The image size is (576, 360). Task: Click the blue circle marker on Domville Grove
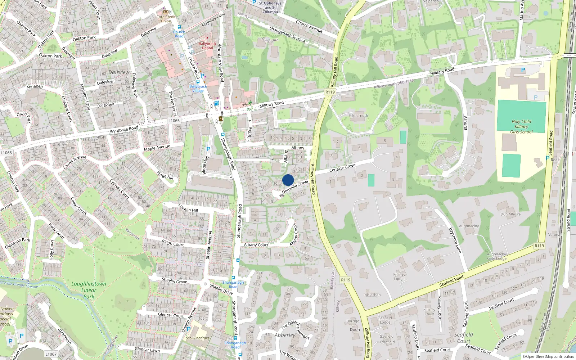[x=288, y=180]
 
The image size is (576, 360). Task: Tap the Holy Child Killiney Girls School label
[x=521, y=127]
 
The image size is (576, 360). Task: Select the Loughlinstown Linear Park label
[x=89, y=290]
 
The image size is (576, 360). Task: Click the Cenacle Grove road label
[x=342, y=167]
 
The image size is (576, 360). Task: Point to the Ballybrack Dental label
[x=207, y=46]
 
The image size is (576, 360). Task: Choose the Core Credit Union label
[x=166, y=19]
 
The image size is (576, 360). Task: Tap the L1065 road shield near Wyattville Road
[x=174, y=121]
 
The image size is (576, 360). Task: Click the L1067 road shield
[x=51, y=354]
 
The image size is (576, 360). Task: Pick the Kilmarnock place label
[x=359, y=116]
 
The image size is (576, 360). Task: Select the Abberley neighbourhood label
[x=285, y=335]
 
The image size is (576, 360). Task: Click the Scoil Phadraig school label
[x=197, y=338]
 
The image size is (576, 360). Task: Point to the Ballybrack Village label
[x=198, y=89]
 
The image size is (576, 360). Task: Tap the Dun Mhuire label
[x=510, y=214]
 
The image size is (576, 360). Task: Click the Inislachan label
[x=372, y=294]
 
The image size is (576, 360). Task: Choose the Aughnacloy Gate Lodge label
[x=497, y=256]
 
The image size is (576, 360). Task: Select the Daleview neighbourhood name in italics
[x=119, y=72]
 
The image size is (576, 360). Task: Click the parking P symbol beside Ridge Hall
[x=208, y=149]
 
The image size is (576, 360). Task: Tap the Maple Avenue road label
[x=157, y=148]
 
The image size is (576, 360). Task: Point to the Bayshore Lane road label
[x=455, y=240]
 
